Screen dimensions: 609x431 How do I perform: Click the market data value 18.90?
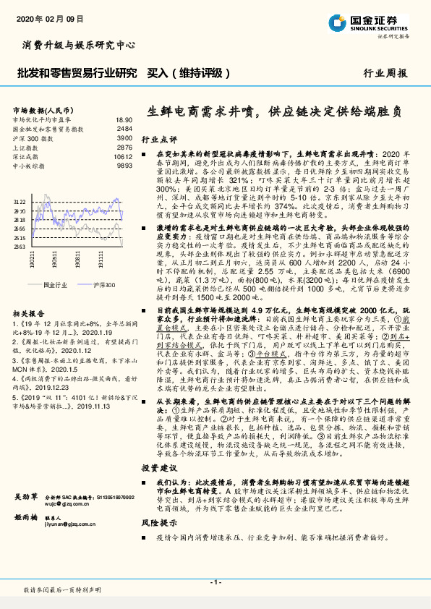[124, 119]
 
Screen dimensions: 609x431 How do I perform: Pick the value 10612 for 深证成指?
[124, 156]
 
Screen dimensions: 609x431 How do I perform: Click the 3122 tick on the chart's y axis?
[20, 202]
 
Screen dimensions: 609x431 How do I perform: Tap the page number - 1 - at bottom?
[215, 582]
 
